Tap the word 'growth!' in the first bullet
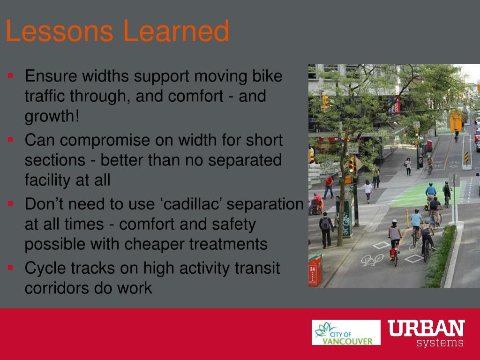tap(52, 117)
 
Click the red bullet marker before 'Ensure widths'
tap(11, 75)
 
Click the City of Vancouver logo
tap(346, 332)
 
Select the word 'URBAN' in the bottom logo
tap(426, 328)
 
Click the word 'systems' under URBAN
tap(440, 343)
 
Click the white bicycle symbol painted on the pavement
tap(372, 260)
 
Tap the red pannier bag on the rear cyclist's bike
tap(392, 253)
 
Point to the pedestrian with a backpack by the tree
tap(326, 230)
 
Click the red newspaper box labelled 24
tap(315, 270)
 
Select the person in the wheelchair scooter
tap(316, 203)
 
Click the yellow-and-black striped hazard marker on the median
tap(466, 157)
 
